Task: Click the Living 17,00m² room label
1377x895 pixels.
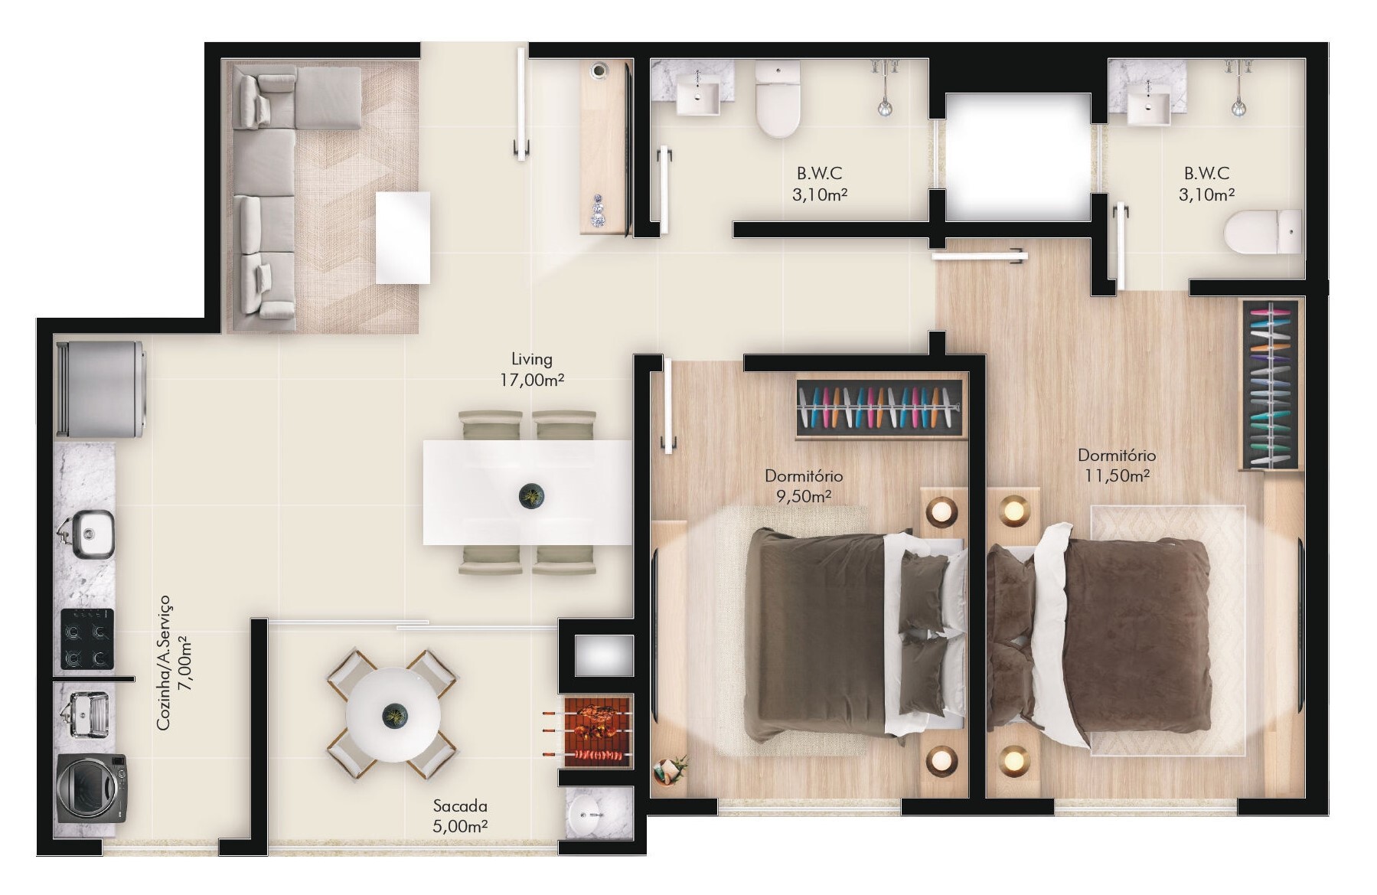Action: pyautogui.click(x=532, y=369)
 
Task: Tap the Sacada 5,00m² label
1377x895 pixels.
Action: pyautogui.click(x=460, y=815)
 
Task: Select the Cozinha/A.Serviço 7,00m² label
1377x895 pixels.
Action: pyautogui.click(x=174, y=662)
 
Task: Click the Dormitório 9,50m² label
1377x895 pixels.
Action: pyautogui.click(x=804, y=486)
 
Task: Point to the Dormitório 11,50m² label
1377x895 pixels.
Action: pyautogui.click(x=1117, y=465)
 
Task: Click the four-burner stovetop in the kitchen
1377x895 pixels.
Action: pyautogui.click(x=87, y=639)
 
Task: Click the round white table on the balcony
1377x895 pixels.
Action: pyautogui.click(x=393, y=714)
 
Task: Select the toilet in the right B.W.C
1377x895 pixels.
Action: pyautogui.click(x=1263, y=232)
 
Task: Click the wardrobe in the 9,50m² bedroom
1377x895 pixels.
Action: pyautogui.click(x=880, y=409)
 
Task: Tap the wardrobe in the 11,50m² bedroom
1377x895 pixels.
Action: pyautogui.click(x=1271, y=385)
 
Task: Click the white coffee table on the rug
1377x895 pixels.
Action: pyautogui.click(x=403, y=237)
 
